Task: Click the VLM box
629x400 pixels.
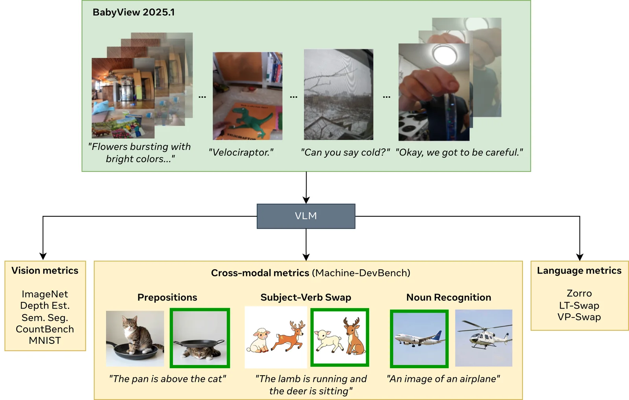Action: pos(306,216)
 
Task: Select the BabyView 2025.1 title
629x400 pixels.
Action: pos(134,12)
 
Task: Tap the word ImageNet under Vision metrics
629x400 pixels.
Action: pos(45,294)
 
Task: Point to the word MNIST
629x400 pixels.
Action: pos(45,341)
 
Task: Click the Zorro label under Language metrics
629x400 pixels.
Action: pos(579,294)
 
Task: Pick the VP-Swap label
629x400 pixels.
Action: pos(579,317)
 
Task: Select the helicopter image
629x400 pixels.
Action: pos(484,338)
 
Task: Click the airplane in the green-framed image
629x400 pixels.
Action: pos(419,339)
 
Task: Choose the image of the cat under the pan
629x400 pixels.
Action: pos(200,338)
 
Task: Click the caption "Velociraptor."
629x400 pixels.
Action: pos(241,152)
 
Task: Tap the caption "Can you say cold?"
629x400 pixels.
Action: pos(346,152)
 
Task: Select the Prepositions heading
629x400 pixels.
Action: pos(167,298)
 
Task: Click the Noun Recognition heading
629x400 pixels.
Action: pos(449,298)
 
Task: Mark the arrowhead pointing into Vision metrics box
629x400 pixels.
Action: pos(43,256)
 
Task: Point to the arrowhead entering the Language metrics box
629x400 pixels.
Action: pos(580,257)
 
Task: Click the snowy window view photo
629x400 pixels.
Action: pos(338,95)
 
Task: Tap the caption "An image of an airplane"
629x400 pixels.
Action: pos(443,379)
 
